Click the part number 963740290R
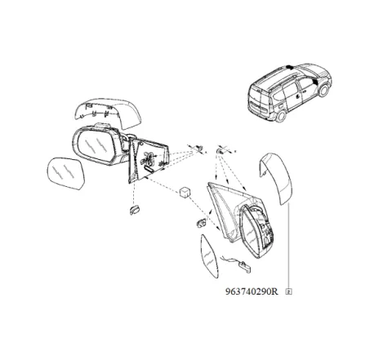[252, 291]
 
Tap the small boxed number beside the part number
[288, 292]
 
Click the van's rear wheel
[281, 116]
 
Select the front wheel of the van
[323, 91]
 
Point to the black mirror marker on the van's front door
[314, 82]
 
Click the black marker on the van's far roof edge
[289, 67]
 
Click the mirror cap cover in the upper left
[108, 112]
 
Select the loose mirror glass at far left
[66, 173]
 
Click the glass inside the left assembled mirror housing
[95, 145]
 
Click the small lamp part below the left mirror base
[136, 211]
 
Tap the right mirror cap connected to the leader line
[276, 178]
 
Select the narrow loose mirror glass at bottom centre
[209, 256]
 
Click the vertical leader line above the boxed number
[288, 247]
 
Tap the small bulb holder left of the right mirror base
[201, 223]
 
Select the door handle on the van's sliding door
[299, 96]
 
